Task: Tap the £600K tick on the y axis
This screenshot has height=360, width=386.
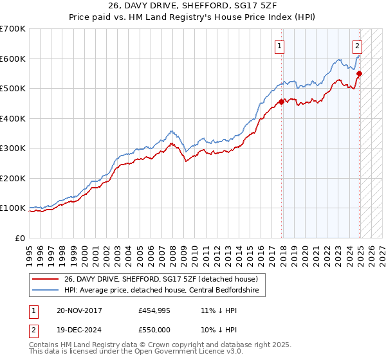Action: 12,59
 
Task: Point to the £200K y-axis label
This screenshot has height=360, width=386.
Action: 12,178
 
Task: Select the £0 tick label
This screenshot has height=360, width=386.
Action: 21,238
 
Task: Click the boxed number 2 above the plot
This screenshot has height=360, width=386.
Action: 357,46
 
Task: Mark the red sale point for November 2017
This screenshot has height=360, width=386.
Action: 282,102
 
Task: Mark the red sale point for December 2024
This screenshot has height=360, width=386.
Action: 360,73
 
